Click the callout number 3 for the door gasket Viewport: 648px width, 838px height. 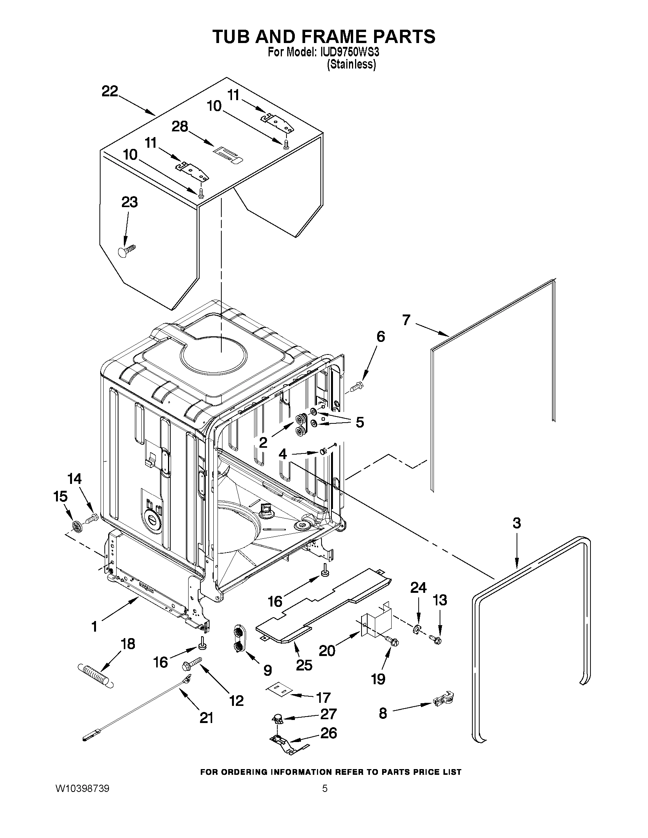click(517, 523)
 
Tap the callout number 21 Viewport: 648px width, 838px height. click(206, 717)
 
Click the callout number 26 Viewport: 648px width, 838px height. click(328, 733)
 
